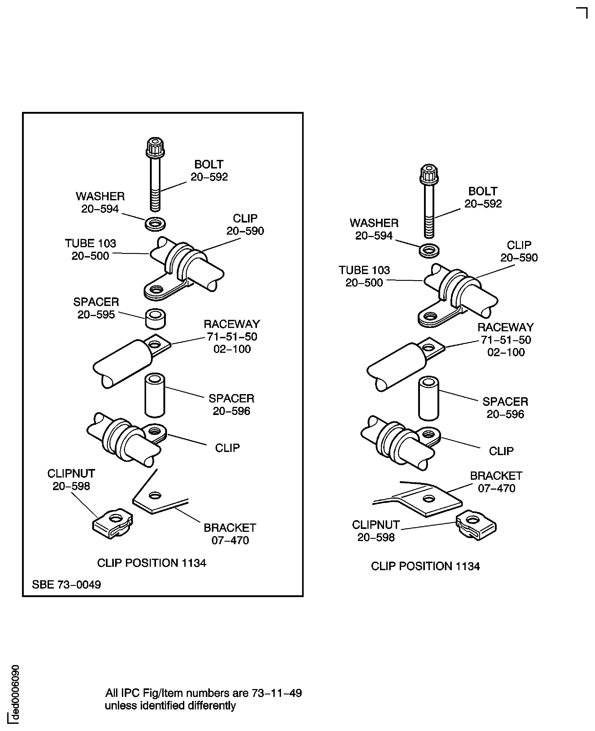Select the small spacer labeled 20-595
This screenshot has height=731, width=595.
click(x=155, y=318)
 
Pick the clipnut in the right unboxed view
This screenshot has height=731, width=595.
click(x=476, y=525)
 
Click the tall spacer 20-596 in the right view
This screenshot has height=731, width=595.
click(x=428, y=398)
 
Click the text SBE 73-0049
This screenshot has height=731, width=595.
click(x=66, y=584)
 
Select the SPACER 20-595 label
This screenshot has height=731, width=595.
click(x=96, y=308)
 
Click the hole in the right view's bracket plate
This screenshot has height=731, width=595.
click(x=429, y=498)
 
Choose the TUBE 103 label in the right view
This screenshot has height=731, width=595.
click(x=364, y=276)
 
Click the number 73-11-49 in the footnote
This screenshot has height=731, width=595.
click(x=277, y=693)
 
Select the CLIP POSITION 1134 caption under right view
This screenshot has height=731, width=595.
click(x=425, y=566)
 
